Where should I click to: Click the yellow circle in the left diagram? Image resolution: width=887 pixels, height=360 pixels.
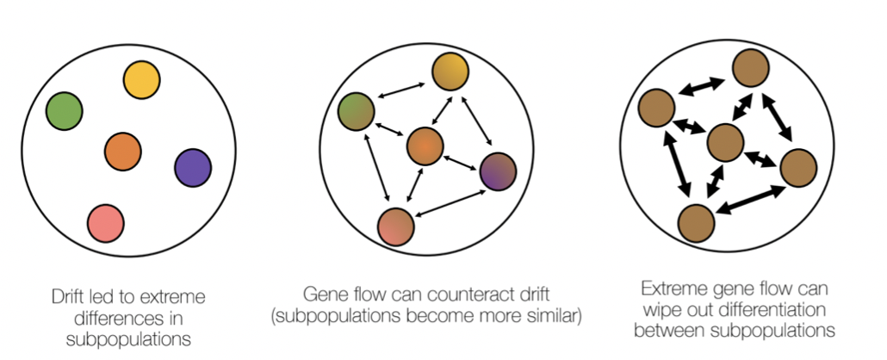coord(142,80)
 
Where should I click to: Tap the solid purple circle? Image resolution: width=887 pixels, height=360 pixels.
coord(192,168)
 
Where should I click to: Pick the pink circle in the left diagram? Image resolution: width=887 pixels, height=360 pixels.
coord(107,220)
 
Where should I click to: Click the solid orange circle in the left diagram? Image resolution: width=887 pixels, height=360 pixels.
coord(123,152)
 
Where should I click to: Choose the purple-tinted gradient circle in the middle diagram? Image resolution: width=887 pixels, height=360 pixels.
coord(497,171)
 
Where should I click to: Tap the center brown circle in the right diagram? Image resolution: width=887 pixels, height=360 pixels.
coord(724,142)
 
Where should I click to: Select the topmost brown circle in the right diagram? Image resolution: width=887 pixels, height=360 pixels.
coord(751,68)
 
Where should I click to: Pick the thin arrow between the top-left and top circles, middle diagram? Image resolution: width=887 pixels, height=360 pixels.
coord(402,91)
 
